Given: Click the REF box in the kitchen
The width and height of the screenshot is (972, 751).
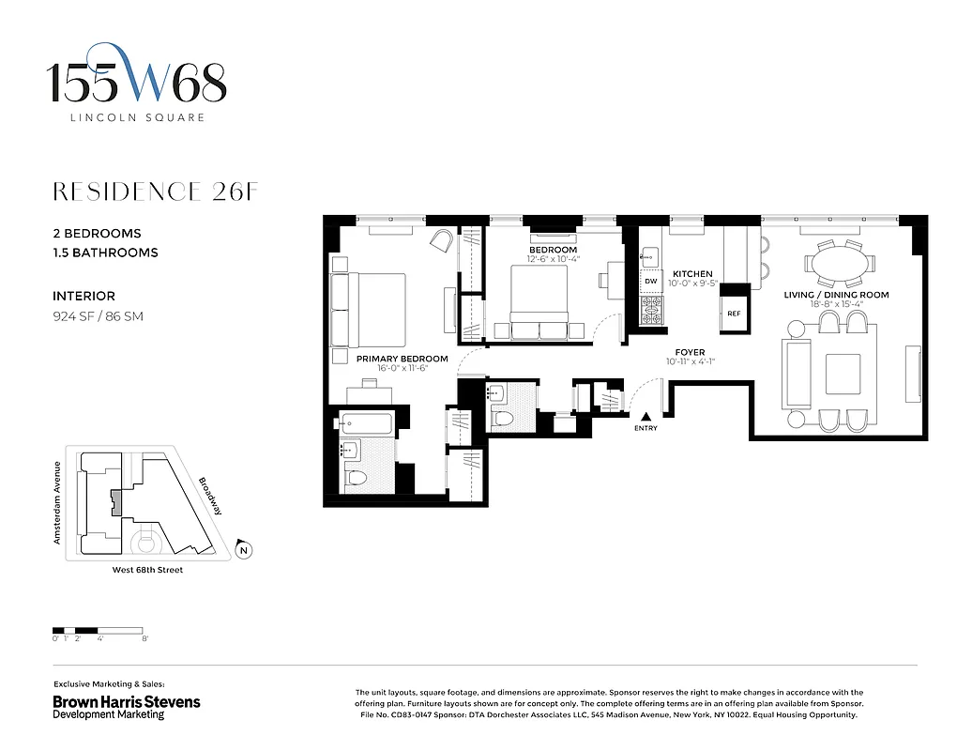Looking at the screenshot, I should pos(734,314).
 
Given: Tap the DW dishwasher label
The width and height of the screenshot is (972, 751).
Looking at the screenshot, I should pos(650,281).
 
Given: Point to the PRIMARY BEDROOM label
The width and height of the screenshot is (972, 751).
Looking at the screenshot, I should pos(402,359).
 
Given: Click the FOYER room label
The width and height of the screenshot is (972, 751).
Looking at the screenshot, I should pos(690,353).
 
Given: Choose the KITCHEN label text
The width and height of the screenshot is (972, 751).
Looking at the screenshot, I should pos(692,274).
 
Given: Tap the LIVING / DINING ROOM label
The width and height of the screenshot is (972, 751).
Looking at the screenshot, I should pos(836,295).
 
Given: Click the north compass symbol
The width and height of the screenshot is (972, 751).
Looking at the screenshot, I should pos(244,551).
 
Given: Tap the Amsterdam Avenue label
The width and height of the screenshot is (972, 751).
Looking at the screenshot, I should pos(57,502).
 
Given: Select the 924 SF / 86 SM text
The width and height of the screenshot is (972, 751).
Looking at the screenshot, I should pos(98,316).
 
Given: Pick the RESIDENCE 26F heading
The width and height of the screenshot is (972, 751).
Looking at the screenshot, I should pos(155,192).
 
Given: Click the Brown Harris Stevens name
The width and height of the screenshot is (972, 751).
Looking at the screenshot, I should pos(126,701).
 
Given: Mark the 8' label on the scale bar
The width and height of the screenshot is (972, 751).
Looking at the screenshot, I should pos(144,638).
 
